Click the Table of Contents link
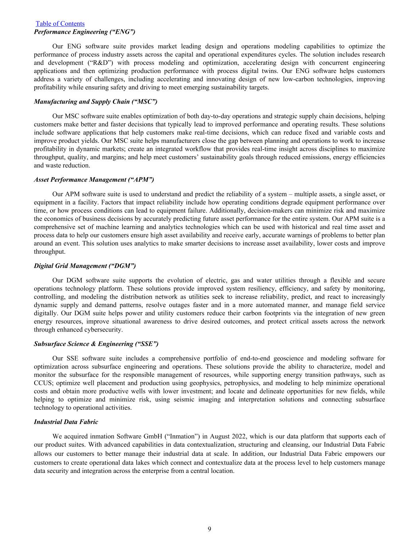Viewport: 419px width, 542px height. pyautogui.click(x=60, y=24)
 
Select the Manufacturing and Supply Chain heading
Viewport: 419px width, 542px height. pyautogui.click(x=95, y=102)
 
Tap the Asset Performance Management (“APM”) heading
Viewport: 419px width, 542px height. pyautogui.click(x=94, y=180)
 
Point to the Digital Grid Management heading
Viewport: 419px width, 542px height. pyautogui.click(x=85, y=266)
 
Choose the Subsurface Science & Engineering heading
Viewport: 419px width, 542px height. pyautogui.click(x=96, y=344)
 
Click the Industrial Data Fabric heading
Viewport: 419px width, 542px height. pyautogui.click(x=66, y=422)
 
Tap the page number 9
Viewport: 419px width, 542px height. pyautogui.click(x=209, y=529)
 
